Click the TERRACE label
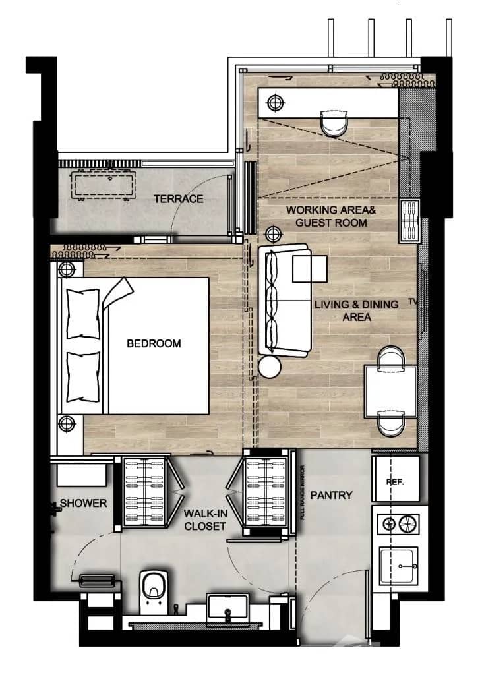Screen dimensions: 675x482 click(x=178, y=198)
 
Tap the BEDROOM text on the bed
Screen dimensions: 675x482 click(x=154, y=343)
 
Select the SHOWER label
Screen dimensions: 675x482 click(x=83, y=503)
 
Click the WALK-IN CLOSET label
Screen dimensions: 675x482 click(x=205, y=519)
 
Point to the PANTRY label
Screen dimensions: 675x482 click(x=331, y=495)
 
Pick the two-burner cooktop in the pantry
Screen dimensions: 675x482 click(x=399, y=525)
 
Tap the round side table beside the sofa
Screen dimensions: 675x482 click(x=270, y=367)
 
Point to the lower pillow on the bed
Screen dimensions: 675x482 click(x=83, y=376)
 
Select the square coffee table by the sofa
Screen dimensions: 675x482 click(x=309, y=269)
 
